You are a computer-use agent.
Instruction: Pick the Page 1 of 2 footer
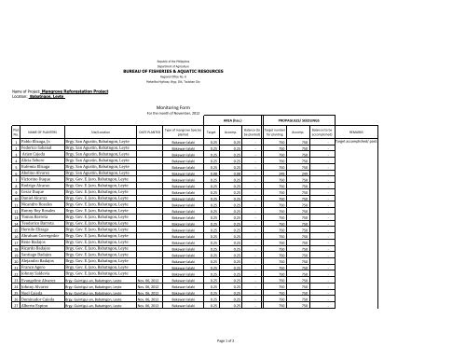click(232, 347)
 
